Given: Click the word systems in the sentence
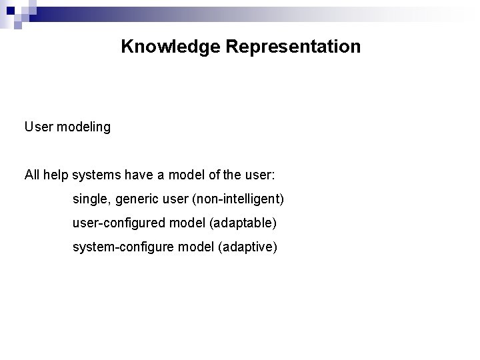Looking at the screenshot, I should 95,175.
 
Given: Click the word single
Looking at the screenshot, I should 89,199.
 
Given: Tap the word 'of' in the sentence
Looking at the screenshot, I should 218,175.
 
